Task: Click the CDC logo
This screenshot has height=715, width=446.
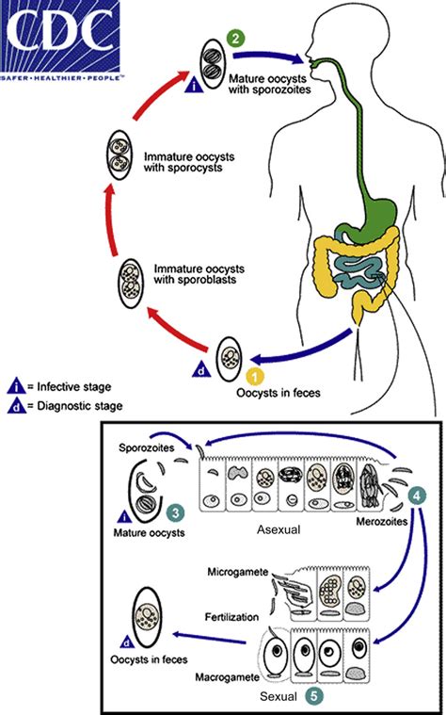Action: pyautogui.click(x=60, y=41)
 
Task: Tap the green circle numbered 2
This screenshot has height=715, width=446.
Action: pyautogui.click(x=235, y=39)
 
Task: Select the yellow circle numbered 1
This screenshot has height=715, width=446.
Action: pyautogui.click(x=255, y=378)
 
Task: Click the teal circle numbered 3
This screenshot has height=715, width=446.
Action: pyautogui.click(x=176, y=512)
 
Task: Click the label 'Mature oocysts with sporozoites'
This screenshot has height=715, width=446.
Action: pyautogui.click(x=270, y=84)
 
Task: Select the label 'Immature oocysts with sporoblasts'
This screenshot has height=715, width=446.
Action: pyautogui.click(x=199, y=273)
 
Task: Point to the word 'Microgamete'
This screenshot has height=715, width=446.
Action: pyautogui.click(x=238, y=572)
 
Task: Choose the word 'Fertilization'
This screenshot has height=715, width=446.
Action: pyautogui.click(x=231, y=617)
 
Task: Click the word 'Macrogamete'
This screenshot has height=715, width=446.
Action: pyautogui.click(x=228, y=677)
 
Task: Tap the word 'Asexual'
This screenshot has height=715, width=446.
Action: pyautogui.click(x=279, y=529)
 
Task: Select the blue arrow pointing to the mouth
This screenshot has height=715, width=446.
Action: pyautogui.click(x=268, y=57)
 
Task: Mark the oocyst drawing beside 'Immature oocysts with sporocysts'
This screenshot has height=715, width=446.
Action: pyautogui.click(x=119, y=157)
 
